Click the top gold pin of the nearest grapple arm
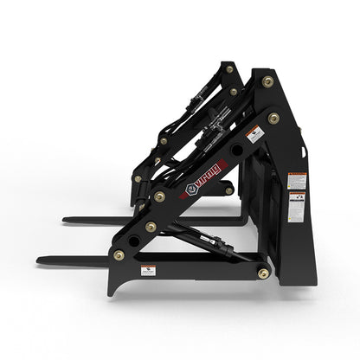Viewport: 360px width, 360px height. (x=267, y=81)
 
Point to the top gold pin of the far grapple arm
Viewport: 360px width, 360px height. (x=229, y=68)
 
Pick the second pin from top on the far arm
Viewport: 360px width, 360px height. (x=234, y=91)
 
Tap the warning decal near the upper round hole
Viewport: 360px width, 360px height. (x=255, y=135)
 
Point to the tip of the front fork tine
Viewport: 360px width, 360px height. (x=40, y=259)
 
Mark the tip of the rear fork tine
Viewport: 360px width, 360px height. (x=66, y=220)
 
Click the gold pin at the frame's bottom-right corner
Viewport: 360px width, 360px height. (x=261, y=273)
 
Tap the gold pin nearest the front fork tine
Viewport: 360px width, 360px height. (x=119, y=255)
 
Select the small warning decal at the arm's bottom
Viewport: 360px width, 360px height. (x=149, y=270)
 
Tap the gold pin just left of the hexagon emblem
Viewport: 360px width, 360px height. (x=159, y=197)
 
